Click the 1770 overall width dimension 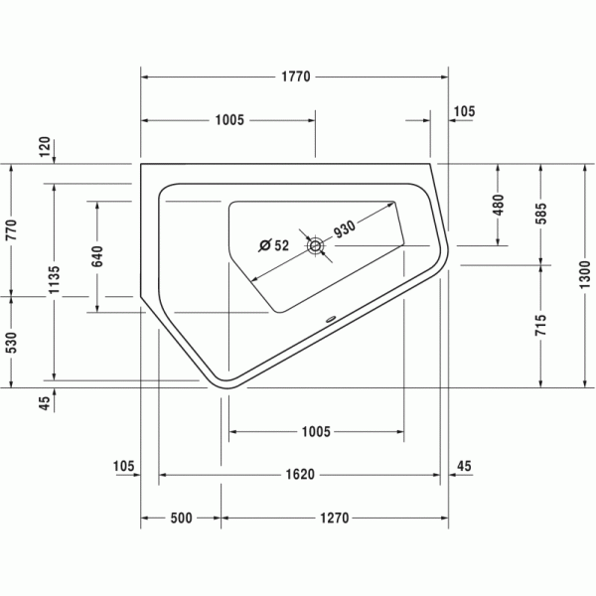(x=296, y=76)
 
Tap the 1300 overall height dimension (x=585, y=274)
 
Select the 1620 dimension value (x=300, y=475)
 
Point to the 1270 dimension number (x=334, y=518)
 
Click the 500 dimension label (x=181, y=518)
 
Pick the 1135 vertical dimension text (x=55, y=279)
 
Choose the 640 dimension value (x=97, y=256)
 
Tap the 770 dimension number (x=12, y=229)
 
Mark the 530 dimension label (x=12, y=342)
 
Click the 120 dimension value (x=45, y=147)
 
